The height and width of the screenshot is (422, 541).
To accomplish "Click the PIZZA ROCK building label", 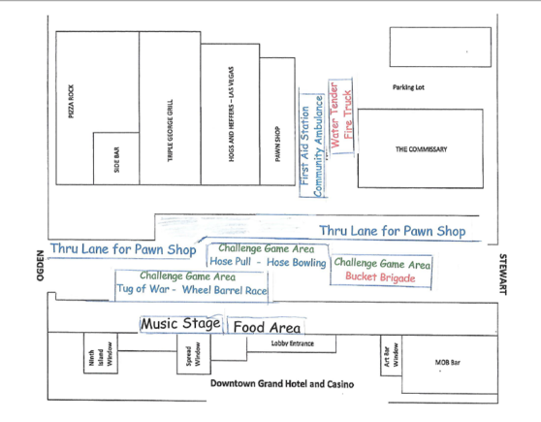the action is pos(71,101).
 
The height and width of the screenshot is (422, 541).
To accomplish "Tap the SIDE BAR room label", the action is pos(116,159).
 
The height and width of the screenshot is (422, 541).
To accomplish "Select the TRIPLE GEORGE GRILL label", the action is pos(170,130).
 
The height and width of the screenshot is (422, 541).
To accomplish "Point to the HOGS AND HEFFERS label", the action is pos(231,114).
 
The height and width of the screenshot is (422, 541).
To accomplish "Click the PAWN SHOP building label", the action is pos(277,144).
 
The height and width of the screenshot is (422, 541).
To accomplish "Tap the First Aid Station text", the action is pos(304,146).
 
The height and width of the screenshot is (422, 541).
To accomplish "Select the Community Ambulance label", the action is pos(318,146).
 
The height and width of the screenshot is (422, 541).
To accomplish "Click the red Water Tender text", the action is pos(334,114).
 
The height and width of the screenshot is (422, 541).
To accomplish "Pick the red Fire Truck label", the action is pos(348,114).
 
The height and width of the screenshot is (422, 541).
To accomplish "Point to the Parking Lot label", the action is pos(408,87).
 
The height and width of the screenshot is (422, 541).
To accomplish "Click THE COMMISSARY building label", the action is pos(422,149).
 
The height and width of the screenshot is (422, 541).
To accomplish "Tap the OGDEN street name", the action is pos(41,266).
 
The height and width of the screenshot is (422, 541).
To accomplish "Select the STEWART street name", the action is pos(503,275).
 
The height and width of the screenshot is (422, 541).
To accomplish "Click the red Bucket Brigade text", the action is pos(380,277).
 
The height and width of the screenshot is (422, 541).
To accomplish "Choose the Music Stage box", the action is pos(181,324).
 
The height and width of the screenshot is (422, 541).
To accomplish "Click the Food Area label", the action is pos(267,327).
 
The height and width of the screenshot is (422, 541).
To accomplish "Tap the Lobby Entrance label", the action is pos(293,343).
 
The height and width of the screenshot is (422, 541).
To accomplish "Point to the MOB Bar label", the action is pos(448,362).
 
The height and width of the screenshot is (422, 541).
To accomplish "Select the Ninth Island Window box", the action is pos(101,353).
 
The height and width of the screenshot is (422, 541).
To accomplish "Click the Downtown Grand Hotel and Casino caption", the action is pos(282,383).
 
